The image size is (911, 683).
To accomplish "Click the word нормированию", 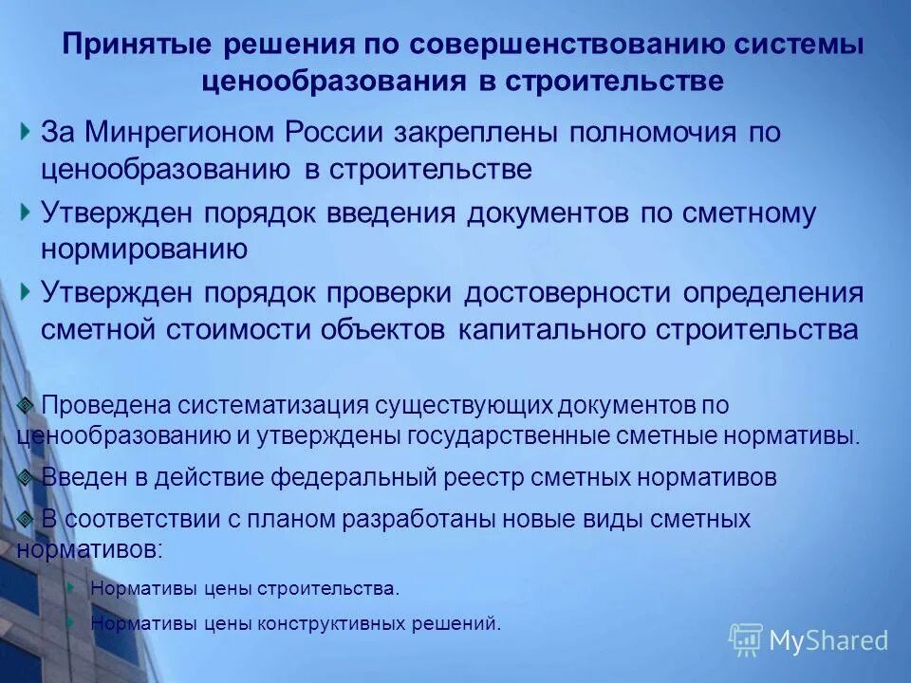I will pos(144,249).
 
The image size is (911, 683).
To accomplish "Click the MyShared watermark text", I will pos(828,640).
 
